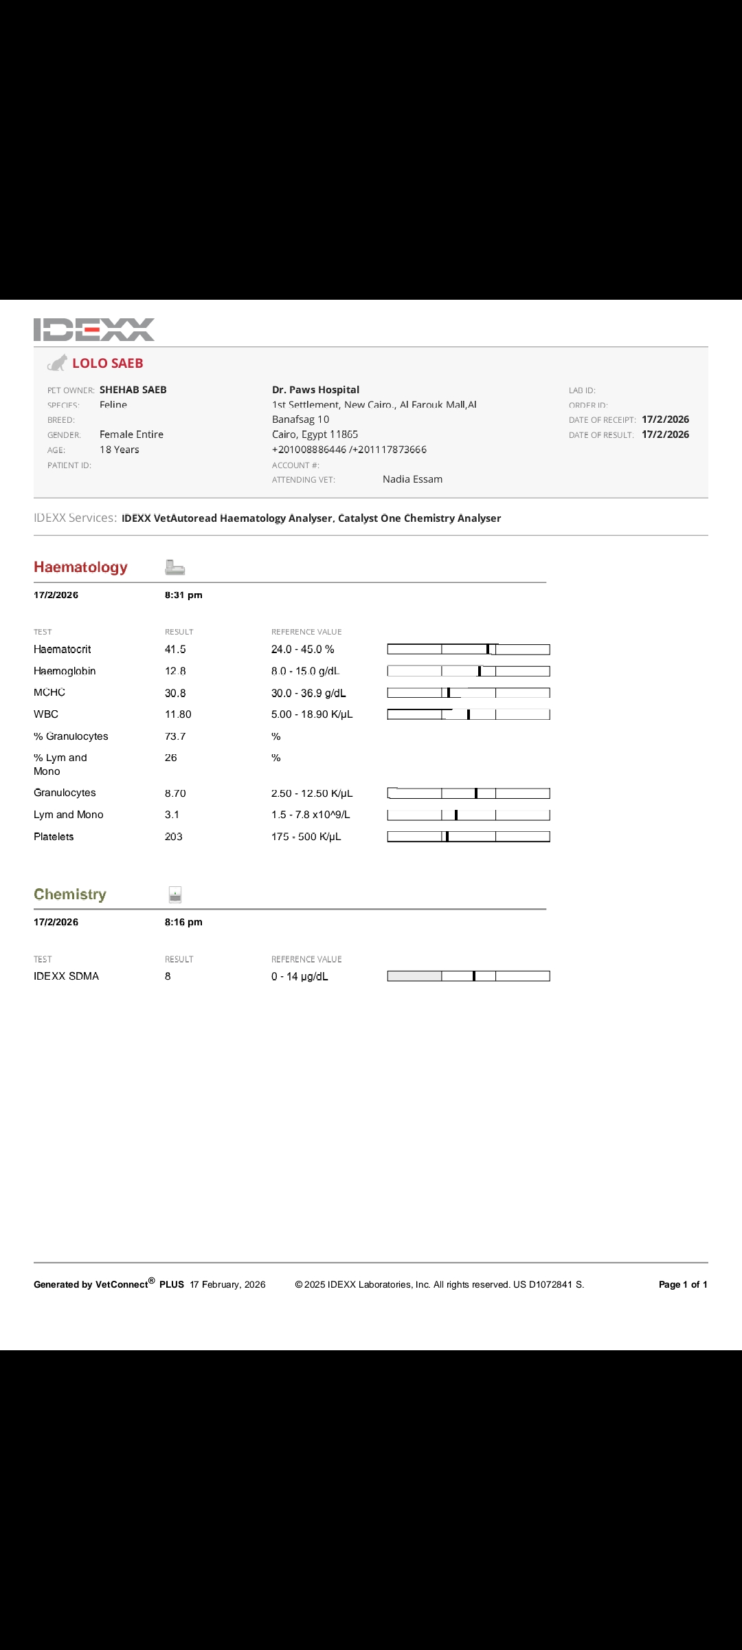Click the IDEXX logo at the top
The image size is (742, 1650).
coord(94,329)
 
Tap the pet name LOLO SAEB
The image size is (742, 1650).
coord(108,363)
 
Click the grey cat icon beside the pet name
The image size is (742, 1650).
coord(58,363)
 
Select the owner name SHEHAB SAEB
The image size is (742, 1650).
coord(133,390)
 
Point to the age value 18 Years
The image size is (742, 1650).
coord(119,450)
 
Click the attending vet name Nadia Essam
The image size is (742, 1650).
coord(412,479)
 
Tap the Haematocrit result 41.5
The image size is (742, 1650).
coord(175,649)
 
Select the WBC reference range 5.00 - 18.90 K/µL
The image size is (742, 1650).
coord(312,714)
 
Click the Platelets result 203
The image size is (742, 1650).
coord(173,837)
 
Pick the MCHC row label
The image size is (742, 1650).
coord(49,692)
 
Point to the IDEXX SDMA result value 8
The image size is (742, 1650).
coord(168,976)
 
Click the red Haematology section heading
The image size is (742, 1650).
coord(80,567)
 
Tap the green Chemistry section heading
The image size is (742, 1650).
coord(70,894)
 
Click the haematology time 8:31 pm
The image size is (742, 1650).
coord(183,595)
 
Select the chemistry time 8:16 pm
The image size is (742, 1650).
coord(183,922)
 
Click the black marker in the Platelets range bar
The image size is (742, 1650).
coord(447,837)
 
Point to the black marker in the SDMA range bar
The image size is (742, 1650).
coord(474,976)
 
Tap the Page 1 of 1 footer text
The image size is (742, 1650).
coord(682,1284)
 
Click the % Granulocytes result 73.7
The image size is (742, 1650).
coord(175,736)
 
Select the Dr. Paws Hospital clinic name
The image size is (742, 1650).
coord(315,390)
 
